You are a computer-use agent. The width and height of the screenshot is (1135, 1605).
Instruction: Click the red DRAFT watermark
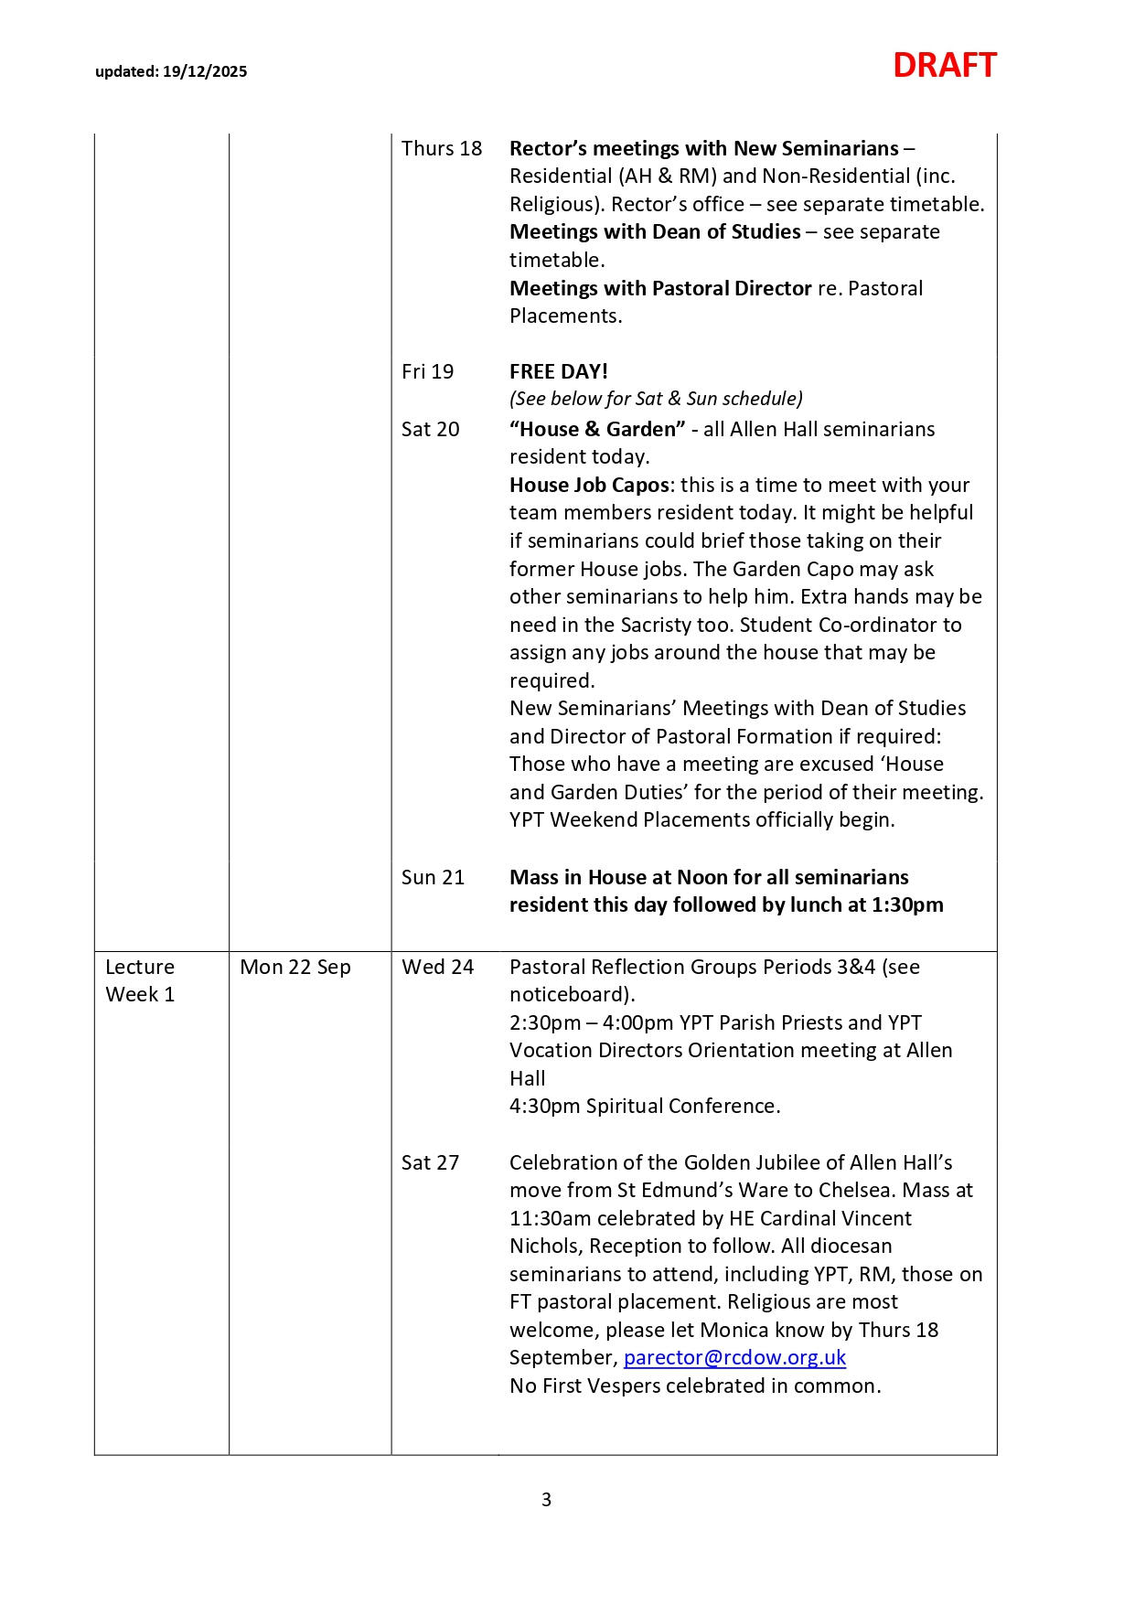click(x=944, y=66)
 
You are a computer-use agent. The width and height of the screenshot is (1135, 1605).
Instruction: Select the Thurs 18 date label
click(x=441, y=148)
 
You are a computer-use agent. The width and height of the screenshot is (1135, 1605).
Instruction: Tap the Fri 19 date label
click(x=427, y=371)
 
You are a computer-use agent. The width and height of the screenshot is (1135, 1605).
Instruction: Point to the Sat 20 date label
click(x=430, y=429)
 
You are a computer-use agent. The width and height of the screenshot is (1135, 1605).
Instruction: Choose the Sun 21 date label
click(x=433, y=877)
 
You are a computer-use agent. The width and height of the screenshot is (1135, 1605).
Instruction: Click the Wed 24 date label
click(x=437, y=967)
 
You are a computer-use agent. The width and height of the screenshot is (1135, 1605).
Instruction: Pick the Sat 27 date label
click(x=430, y=1162)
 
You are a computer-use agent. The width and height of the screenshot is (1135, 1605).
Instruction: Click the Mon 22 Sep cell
click(x=294, y=967)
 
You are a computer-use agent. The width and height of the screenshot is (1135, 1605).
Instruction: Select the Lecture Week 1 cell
click(x=140, y=980)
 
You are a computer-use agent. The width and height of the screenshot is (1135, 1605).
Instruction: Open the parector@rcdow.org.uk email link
click(x=734, y=1357)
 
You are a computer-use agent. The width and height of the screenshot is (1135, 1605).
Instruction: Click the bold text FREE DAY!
click(x=558, y=371)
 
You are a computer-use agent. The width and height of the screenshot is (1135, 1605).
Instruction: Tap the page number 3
click(x=546, y=1500)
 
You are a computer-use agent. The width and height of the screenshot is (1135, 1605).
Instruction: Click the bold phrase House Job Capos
click(x=589, y=485)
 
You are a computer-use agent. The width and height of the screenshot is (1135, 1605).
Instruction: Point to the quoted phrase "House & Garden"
click(x=596, y=429)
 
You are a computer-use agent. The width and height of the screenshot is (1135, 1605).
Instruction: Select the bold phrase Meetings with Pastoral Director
click(x=660, y=288)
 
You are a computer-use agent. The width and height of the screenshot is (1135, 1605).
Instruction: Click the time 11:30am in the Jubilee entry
click(x=549, y=1218)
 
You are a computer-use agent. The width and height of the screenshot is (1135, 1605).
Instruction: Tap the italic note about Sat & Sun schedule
click(x=656, y=399)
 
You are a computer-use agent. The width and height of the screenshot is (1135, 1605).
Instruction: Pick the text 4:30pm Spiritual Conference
click(x=645, y=1106)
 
